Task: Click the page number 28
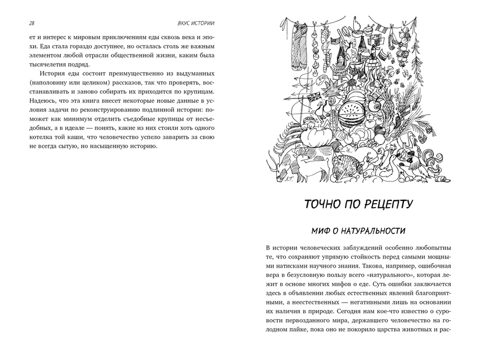32,23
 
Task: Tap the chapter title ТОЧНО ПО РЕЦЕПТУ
359,205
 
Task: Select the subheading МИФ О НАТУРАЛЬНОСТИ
359,231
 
